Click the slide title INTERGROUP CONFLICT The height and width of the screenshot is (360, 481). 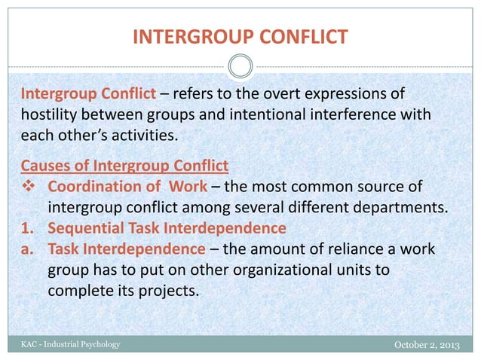[x=240, y=35]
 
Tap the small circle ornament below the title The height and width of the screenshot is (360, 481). [x=240, y=67]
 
